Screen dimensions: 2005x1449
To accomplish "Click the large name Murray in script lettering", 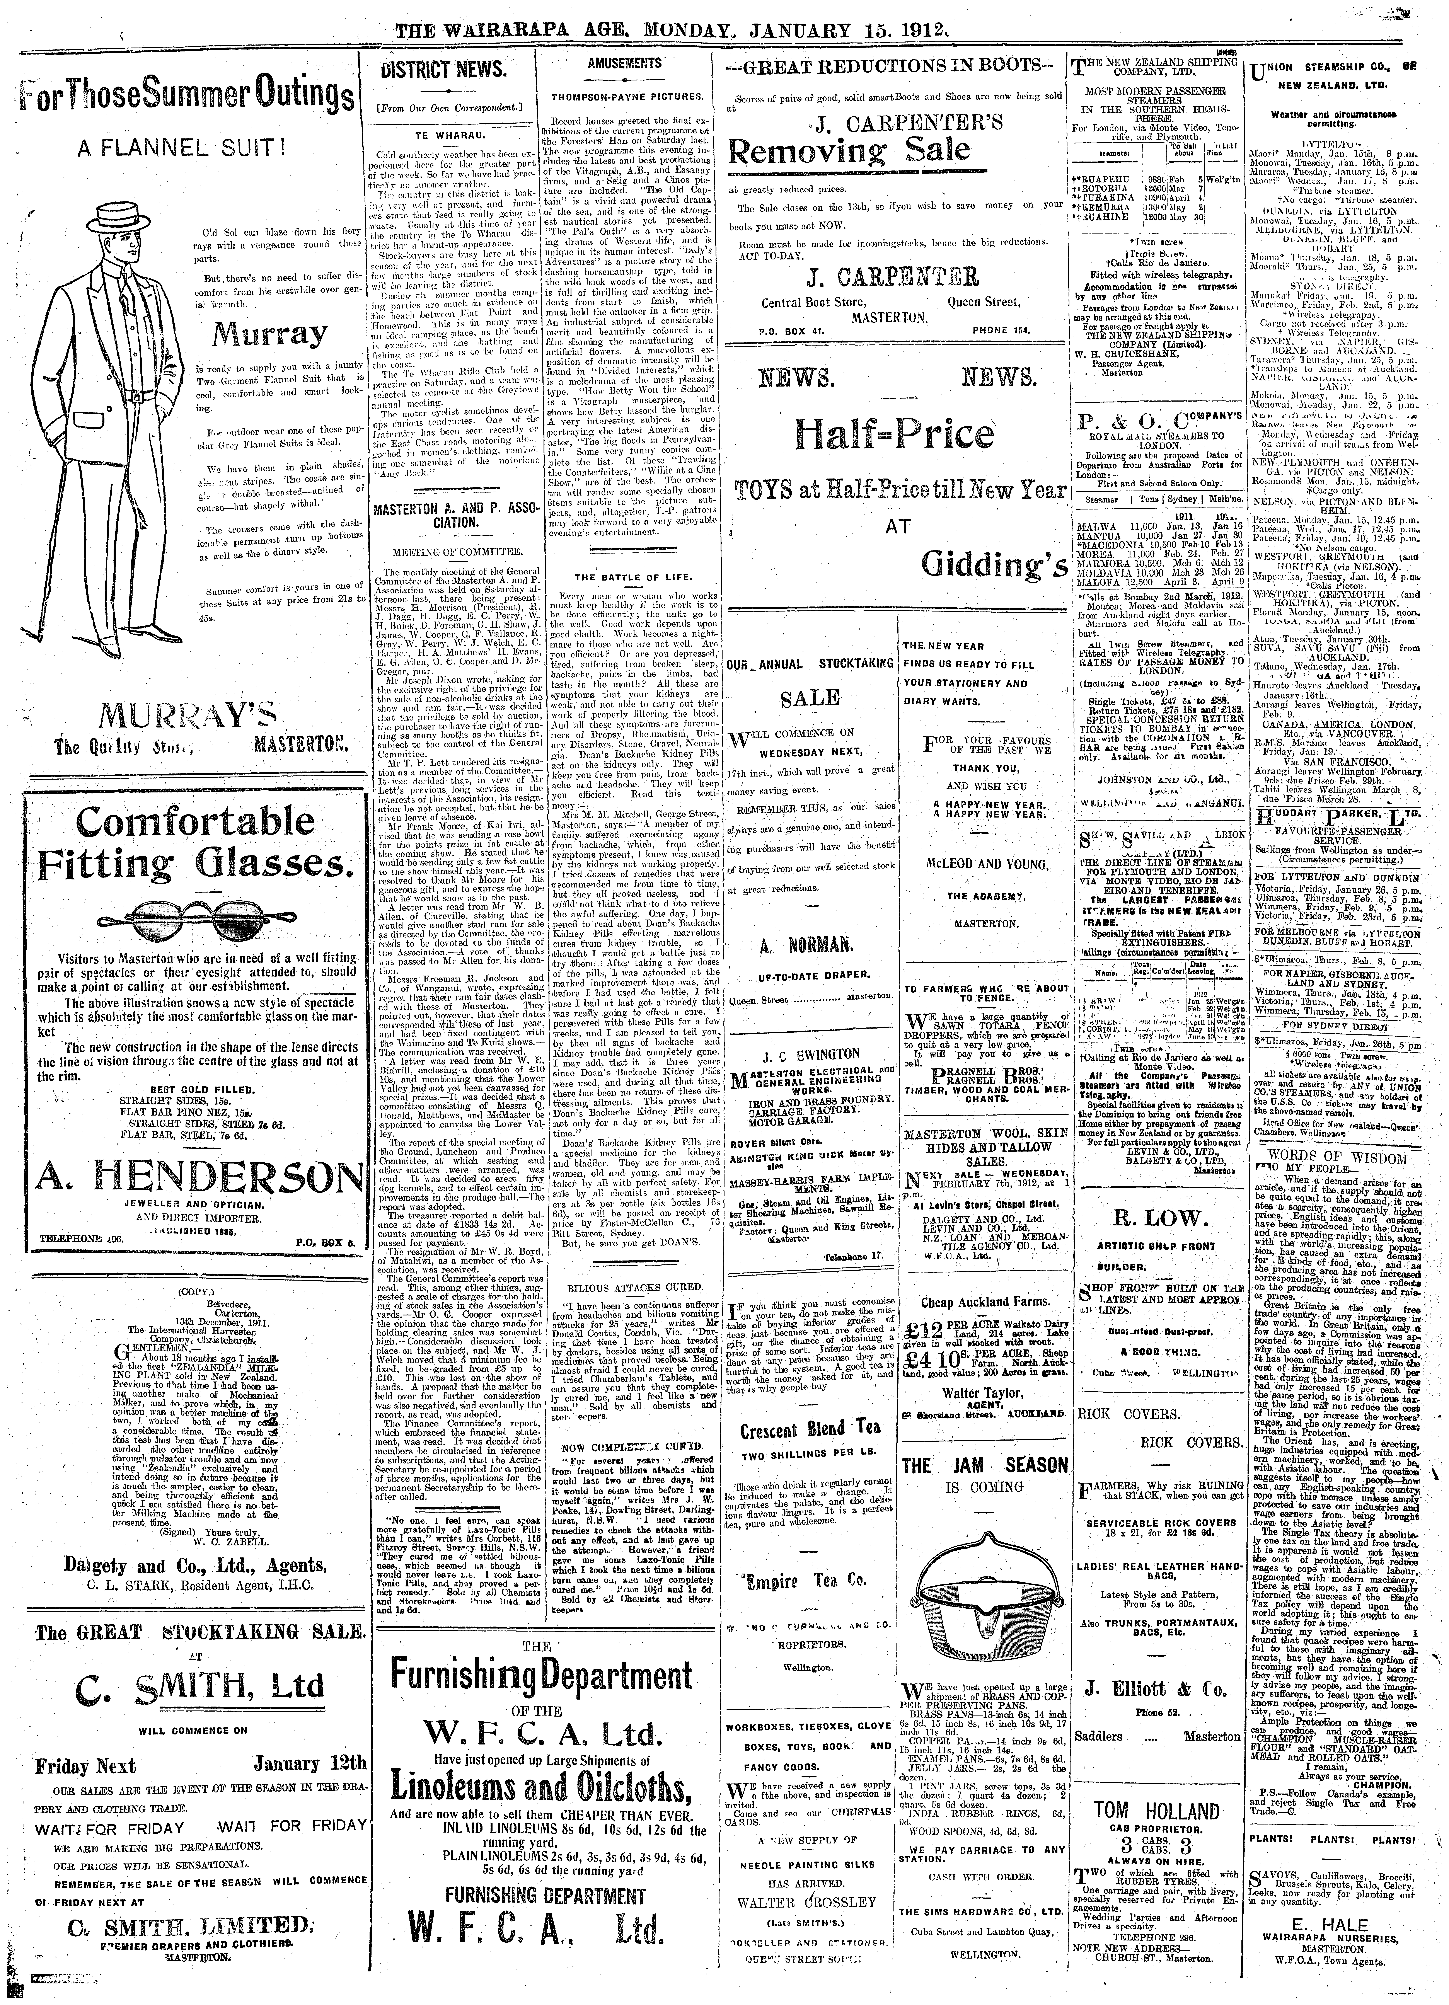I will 258,334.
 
